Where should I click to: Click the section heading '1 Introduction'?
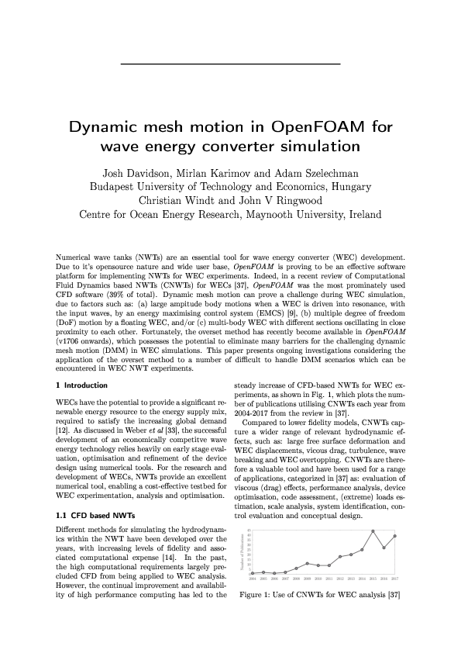pos(82,385)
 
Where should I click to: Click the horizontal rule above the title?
pos(230,62)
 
